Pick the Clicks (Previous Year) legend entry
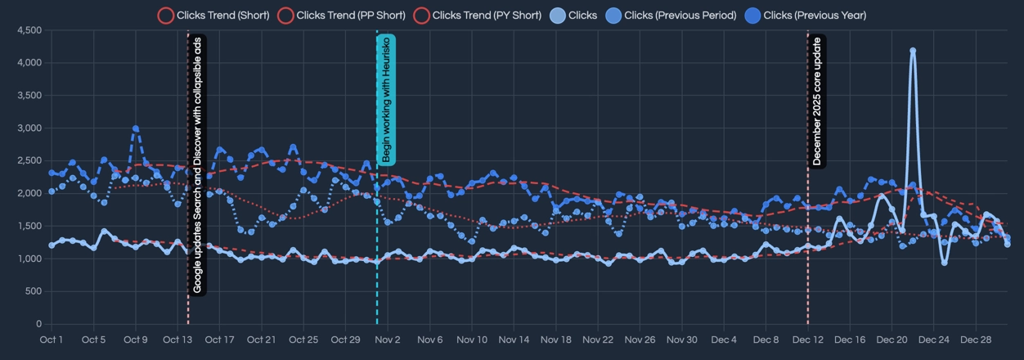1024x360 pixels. click(805, 15)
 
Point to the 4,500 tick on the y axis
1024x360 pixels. click(29, 30)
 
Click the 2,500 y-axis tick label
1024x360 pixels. click(29, 161)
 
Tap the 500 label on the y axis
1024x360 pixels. click(34, 291)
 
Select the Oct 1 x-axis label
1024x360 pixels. click(52, 340)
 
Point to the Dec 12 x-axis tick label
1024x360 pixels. click(808, 340)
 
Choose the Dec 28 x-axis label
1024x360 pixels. click(976, 340)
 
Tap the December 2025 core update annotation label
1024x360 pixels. click(817, 100)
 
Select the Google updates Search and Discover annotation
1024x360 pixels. click(197, 164)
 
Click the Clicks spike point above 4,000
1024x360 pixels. click(913, 51)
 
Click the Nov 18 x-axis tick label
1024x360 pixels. click(556, 340)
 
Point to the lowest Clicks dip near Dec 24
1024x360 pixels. click(945, 263)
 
